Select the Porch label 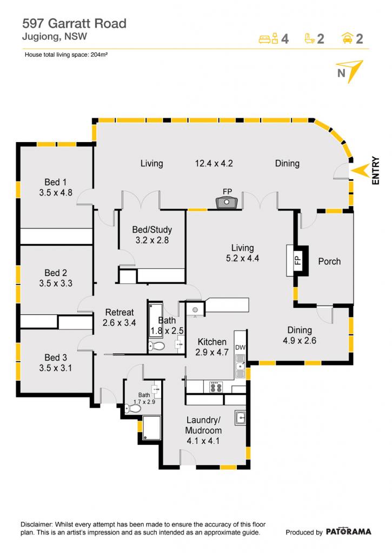(x=329, y=261)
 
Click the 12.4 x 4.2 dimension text (x=214, y=163)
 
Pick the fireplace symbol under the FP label (x=227, y=203)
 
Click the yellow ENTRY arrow (x=360, y=171)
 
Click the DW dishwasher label (x=240, y=347)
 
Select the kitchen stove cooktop (x=216, y=387)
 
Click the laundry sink (x=241, y=417)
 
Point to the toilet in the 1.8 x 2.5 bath (x=156, y=346)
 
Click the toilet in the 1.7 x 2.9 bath (x=133, y=408)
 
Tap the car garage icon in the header (x=348, y=38)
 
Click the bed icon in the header (x=269, y=38)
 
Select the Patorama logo (x=348, y=531)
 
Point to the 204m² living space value (x=99, y=55)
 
